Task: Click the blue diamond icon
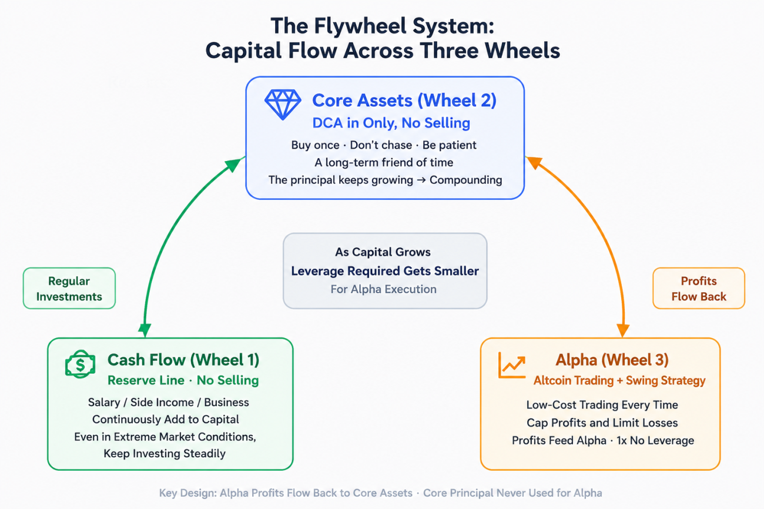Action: point(283,105)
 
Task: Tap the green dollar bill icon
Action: point(80,364)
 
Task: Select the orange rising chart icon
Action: point(512,365)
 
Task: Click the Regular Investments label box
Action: point(69,288)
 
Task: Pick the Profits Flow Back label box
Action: point(699,288)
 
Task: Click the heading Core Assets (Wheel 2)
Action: point(404,101)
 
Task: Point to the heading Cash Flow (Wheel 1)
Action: point(183,360)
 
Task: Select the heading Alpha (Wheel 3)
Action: point(612,360)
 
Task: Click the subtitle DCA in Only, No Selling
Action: point(391,123)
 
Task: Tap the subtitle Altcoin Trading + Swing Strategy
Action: point(619,380)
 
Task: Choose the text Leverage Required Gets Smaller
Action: point(385,271)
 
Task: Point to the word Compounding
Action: point(465,180)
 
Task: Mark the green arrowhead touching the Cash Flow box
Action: point(145,330)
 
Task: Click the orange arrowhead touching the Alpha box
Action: point(623,330)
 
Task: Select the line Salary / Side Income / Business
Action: point(169,402)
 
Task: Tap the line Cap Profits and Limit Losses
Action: point(602,423)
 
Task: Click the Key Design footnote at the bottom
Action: point(381,493)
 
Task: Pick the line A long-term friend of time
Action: point(384,162)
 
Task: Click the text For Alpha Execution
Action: point(383,289)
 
